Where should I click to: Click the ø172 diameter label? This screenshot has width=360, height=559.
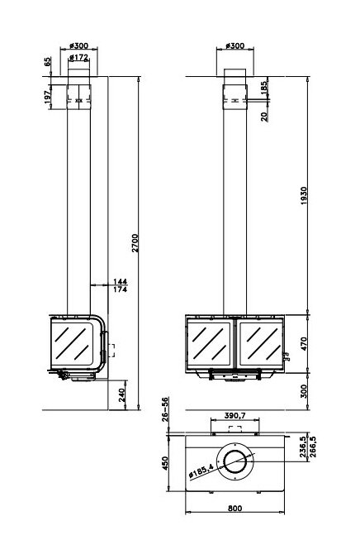79,58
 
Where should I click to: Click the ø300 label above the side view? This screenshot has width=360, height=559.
79,46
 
